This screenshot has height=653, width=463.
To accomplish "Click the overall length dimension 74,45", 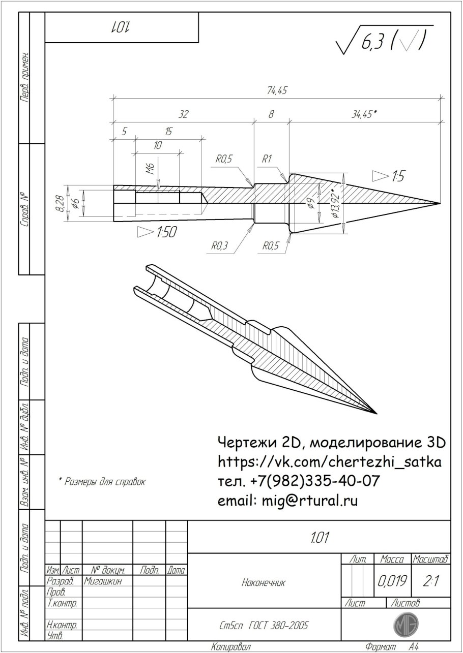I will click(277, 90).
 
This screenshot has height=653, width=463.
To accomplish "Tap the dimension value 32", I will click(183, 115).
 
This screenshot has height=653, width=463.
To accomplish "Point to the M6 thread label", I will click(150, 168).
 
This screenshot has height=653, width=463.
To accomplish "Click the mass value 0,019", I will click(391, 580).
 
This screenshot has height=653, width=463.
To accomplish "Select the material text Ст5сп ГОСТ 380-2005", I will click(264, 625).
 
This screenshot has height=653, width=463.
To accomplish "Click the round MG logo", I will click(406, 624).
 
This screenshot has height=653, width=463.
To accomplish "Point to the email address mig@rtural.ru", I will click(287, 501).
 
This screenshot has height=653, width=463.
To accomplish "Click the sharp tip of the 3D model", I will click(375, 413).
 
